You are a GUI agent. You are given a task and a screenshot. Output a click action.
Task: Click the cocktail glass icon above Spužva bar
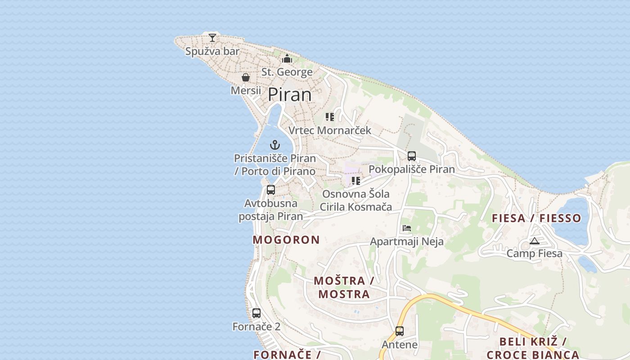coord(212,37)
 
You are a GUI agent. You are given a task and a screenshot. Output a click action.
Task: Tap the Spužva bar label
coord(212,51)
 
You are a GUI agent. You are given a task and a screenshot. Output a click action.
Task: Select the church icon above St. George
coord(287,58)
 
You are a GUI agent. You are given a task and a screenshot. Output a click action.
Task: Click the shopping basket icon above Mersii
coord(246,77)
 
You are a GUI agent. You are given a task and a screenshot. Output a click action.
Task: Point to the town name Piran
coord(290,95)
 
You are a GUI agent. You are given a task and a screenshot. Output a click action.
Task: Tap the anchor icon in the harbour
coord(274,145)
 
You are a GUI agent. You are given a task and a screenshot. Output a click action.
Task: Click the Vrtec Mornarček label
coord(330,130)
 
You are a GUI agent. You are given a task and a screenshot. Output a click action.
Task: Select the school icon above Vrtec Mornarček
coord(330,117)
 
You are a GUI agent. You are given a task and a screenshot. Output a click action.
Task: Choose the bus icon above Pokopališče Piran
coord(412,156)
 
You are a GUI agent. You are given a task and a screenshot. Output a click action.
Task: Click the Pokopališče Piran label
coord(412,170)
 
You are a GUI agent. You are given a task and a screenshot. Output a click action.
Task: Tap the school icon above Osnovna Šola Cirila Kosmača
coord(356,181)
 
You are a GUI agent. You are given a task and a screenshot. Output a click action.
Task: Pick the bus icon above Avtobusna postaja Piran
coord(270,190)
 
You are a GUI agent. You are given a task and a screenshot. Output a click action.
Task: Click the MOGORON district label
coord(286,240)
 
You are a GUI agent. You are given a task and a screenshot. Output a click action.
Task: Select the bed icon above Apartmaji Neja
coord(407,228)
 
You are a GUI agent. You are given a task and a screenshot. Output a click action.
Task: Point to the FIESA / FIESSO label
coord(536,219)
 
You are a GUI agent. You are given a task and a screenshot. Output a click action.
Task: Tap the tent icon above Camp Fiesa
coord(535,241)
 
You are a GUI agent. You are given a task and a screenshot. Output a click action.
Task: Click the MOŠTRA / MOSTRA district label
coord(344,288)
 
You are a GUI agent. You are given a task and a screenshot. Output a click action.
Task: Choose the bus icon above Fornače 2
coord(256,313)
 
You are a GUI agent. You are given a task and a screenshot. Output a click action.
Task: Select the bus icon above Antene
coord(400,331)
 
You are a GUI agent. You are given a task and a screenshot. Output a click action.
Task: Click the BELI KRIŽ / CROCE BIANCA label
coord(533,348)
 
